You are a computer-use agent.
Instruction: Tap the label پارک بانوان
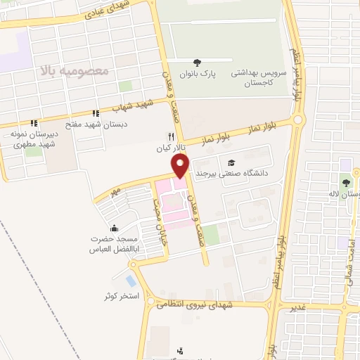point(197,72)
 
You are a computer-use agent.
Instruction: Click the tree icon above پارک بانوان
point(197,62)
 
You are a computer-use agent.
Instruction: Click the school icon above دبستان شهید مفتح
point(95,113)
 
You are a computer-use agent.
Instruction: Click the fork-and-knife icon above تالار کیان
point(169,136)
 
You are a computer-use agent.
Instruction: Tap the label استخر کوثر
point(121,295)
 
